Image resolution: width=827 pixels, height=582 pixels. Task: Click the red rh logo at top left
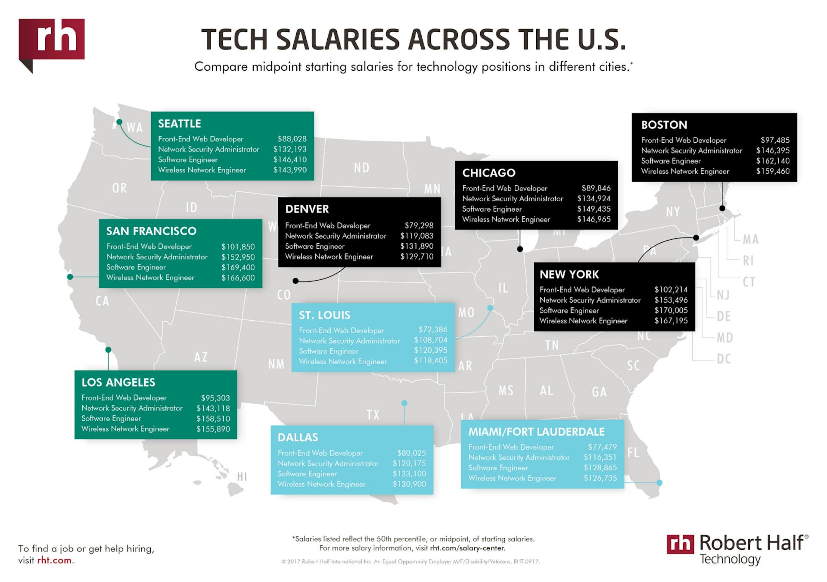(52, 40)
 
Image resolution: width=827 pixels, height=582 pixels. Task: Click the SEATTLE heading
(179, 124)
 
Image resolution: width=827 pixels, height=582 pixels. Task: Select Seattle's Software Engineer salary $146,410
(290, 160)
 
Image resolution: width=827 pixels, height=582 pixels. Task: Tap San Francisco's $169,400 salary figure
(238, 267)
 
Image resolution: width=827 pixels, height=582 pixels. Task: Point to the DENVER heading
(307, 209)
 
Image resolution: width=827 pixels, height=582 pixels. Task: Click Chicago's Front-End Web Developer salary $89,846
(596, 188)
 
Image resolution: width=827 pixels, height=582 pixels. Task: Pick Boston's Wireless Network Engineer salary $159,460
(773, 171)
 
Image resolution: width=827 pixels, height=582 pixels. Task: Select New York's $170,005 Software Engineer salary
(671, 310)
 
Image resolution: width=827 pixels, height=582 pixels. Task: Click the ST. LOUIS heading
(324, 315)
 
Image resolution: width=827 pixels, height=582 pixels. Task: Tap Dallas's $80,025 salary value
(411, 453)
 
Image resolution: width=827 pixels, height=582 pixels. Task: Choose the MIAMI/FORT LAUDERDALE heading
(536, 432)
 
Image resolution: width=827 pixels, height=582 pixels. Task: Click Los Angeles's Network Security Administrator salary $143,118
(213, 408)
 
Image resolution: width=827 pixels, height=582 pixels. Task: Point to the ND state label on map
(361, 168)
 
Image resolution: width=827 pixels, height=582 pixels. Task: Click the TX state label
(373, 415)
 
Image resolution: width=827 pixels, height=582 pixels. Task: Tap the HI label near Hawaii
(242, 476)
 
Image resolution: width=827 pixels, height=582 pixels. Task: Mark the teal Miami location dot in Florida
(659, 483)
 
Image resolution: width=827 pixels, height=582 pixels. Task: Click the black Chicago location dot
(520, 249)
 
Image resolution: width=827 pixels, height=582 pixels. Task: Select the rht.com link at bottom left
(54, 560)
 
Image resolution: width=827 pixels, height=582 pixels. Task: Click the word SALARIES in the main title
(338, 40)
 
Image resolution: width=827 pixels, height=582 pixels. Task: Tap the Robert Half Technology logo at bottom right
(737, 549)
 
